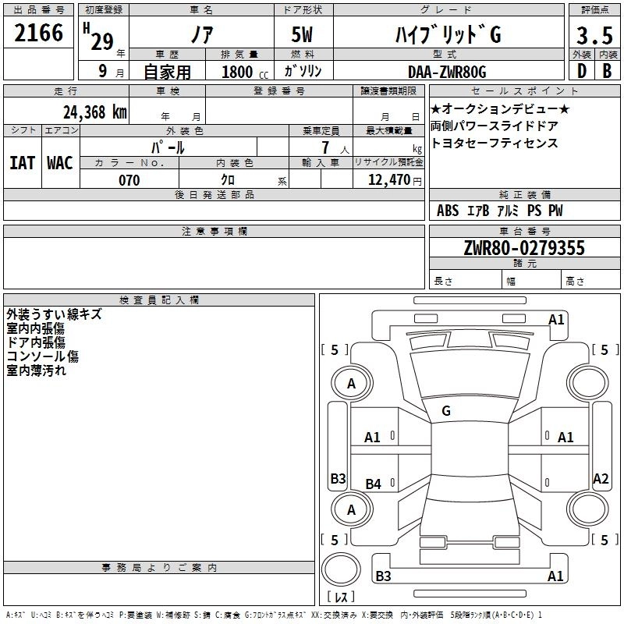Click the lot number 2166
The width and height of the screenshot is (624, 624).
coord(39,34)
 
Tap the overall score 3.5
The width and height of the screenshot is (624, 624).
coord(593,35)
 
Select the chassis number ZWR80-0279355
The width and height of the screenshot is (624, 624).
coord(523,248)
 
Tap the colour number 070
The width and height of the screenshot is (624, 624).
coord(129,180)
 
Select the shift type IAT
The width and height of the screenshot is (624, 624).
coord(21,162)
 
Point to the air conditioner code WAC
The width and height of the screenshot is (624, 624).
coord(60,162)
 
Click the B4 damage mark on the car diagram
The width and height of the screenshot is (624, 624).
coord(374,484)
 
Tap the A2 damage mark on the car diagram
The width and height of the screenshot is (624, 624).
coord(600,479)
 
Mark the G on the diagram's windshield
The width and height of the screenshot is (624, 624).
coord(446,410)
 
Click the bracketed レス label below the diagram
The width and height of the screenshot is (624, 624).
coord(341,598)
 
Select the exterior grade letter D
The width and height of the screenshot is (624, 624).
coord(581,73)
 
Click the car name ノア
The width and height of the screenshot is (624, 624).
coord(201,35)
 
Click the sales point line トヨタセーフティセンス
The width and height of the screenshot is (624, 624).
coord(494,143)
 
